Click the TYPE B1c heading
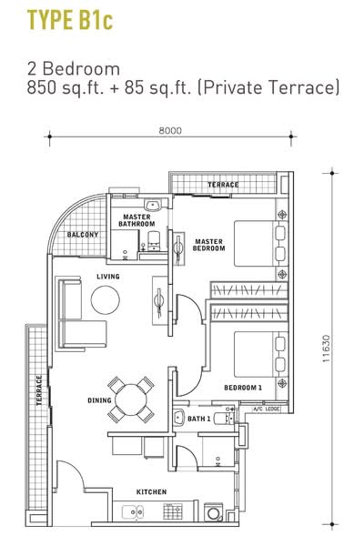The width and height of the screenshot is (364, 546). (70, 20)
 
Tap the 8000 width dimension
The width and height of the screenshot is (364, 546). (170, 130)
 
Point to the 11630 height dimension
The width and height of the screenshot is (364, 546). (326, 349)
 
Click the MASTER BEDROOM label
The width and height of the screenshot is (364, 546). (208, 245)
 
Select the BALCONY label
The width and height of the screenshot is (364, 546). (83, 235)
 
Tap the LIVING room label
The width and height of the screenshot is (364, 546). (108, 277)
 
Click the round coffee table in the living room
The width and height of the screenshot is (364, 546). (106, 299)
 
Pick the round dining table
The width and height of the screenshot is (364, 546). (131, 399)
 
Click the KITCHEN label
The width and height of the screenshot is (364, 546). (151, 492)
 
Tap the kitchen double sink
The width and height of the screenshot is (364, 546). (132, 511)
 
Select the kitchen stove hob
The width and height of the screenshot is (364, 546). (173, 511)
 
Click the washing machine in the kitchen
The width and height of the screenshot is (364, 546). (213, 511)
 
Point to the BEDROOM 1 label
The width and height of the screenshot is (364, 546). (243, 388)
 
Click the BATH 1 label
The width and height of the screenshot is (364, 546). (199, 419)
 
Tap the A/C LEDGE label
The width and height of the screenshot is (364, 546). (266, 409)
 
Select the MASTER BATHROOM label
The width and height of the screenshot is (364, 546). (136, 220)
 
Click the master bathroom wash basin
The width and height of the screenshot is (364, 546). (153, 206)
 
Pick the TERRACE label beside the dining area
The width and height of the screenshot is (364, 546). (39, 390)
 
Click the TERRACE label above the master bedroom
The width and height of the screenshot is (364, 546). (223, 185)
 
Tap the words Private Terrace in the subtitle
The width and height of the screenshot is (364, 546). (268, 87)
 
